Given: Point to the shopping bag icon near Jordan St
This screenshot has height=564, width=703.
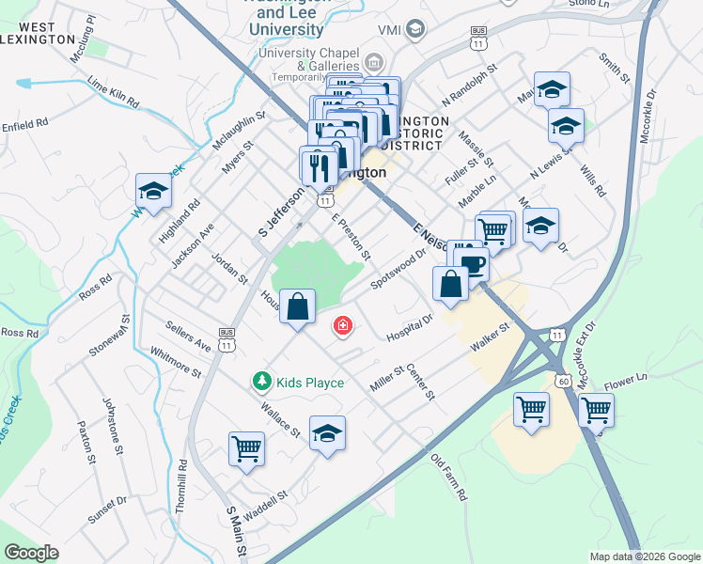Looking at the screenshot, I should [x=298, y=306].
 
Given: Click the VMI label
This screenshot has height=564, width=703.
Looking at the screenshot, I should [x=389, y=30].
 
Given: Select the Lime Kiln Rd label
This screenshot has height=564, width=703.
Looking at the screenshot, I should [x=113, y=93].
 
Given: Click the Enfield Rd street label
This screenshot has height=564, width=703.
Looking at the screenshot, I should [x=24, y=124].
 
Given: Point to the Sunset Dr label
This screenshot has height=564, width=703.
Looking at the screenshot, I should [x=107, y=509].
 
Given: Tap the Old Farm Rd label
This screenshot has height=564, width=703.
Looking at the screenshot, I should [x=448, y=478].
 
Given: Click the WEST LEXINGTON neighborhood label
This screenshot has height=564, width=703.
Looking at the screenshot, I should [x=38, y=33].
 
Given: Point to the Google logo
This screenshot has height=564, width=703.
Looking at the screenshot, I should [x=31, y=553].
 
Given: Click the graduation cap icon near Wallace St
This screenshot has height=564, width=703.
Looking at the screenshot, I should [x=327, y=433].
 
